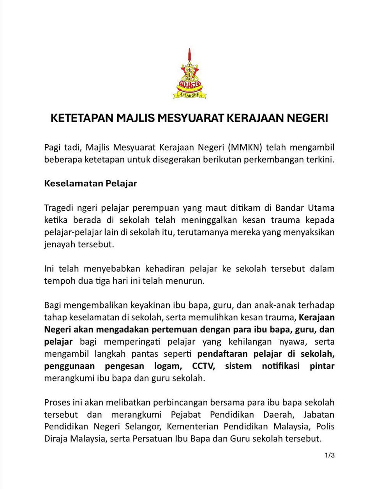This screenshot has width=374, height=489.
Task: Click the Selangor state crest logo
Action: (x=189, y=74)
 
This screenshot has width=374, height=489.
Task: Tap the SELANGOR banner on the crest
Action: (x=189, y=94)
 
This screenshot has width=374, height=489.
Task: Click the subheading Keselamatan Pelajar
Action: (x=90, y=183)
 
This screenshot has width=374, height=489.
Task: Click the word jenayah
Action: (x=60, y=244)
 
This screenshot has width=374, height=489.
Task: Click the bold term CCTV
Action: (x=203, y=366)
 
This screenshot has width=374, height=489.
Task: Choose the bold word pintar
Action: (x=322, y=366)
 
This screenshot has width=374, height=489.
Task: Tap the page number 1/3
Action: (x=330, y=455)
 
